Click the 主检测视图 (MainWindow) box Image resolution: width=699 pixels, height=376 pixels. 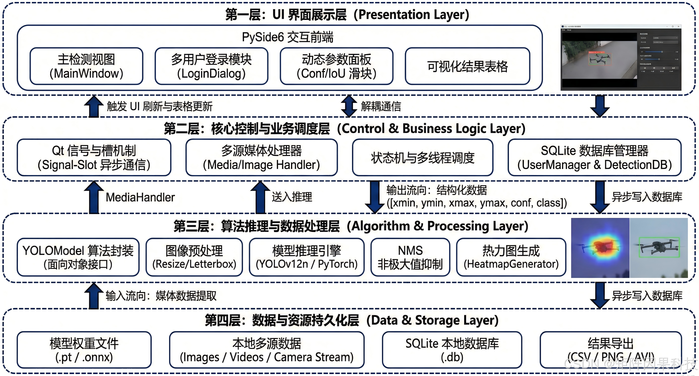86,66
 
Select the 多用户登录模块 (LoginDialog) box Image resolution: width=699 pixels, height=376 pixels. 211,66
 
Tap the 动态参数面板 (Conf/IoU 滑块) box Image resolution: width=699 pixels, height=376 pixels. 337,66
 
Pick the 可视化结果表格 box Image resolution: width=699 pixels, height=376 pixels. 467,66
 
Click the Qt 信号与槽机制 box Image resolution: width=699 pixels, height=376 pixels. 94,157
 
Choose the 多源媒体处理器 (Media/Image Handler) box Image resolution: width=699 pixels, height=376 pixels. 262,157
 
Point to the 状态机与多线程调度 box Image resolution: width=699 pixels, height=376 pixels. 422,157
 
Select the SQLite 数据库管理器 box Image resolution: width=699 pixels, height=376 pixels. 594,157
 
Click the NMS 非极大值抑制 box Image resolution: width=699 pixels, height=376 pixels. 410,257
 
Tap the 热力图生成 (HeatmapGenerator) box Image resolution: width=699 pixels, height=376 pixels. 511,257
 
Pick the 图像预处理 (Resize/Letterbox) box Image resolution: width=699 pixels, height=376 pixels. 194,257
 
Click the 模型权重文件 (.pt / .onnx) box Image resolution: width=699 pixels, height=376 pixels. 84,350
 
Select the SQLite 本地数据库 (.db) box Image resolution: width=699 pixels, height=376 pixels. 452,350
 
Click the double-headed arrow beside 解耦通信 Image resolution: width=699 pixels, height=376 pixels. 349,106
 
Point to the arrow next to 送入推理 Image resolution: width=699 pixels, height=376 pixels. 260,197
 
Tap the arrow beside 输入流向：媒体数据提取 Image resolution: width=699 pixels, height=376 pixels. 94,296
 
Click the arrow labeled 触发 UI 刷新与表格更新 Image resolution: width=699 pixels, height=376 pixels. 94,106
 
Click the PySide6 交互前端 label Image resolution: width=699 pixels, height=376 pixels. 287,37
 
